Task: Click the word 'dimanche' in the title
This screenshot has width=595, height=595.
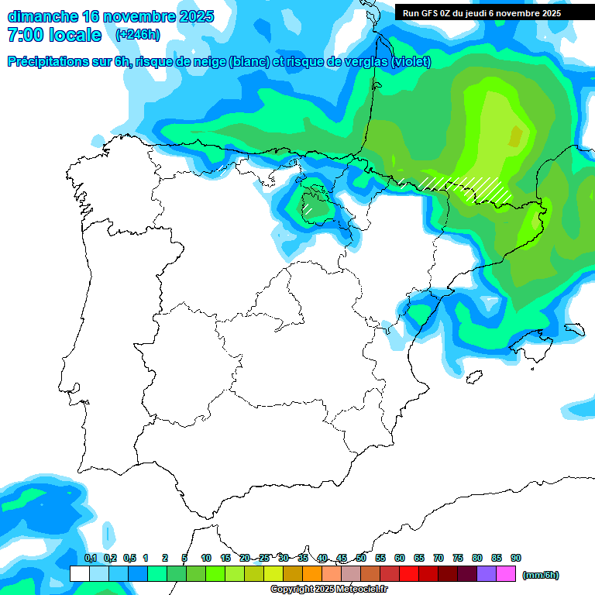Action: tap(40, 16)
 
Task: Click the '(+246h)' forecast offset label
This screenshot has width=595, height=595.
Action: tap(137, 35)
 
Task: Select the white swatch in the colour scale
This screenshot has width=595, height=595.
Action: tap(79, 574)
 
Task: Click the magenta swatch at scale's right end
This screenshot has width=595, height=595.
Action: tap(506, 574)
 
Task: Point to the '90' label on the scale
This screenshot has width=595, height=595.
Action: tap(516, 558)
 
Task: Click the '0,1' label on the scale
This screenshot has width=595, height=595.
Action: tap(91, 558)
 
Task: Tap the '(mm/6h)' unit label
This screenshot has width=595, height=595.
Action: tap(541, 575)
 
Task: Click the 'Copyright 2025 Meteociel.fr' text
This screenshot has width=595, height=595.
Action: tap(328, 589)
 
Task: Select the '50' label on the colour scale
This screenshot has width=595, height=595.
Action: tap(361, 558)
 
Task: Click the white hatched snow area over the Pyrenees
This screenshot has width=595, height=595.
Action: tap(465, 186)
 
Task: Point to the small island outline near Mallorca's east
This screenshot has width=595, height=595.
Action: tap(574, 329)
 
